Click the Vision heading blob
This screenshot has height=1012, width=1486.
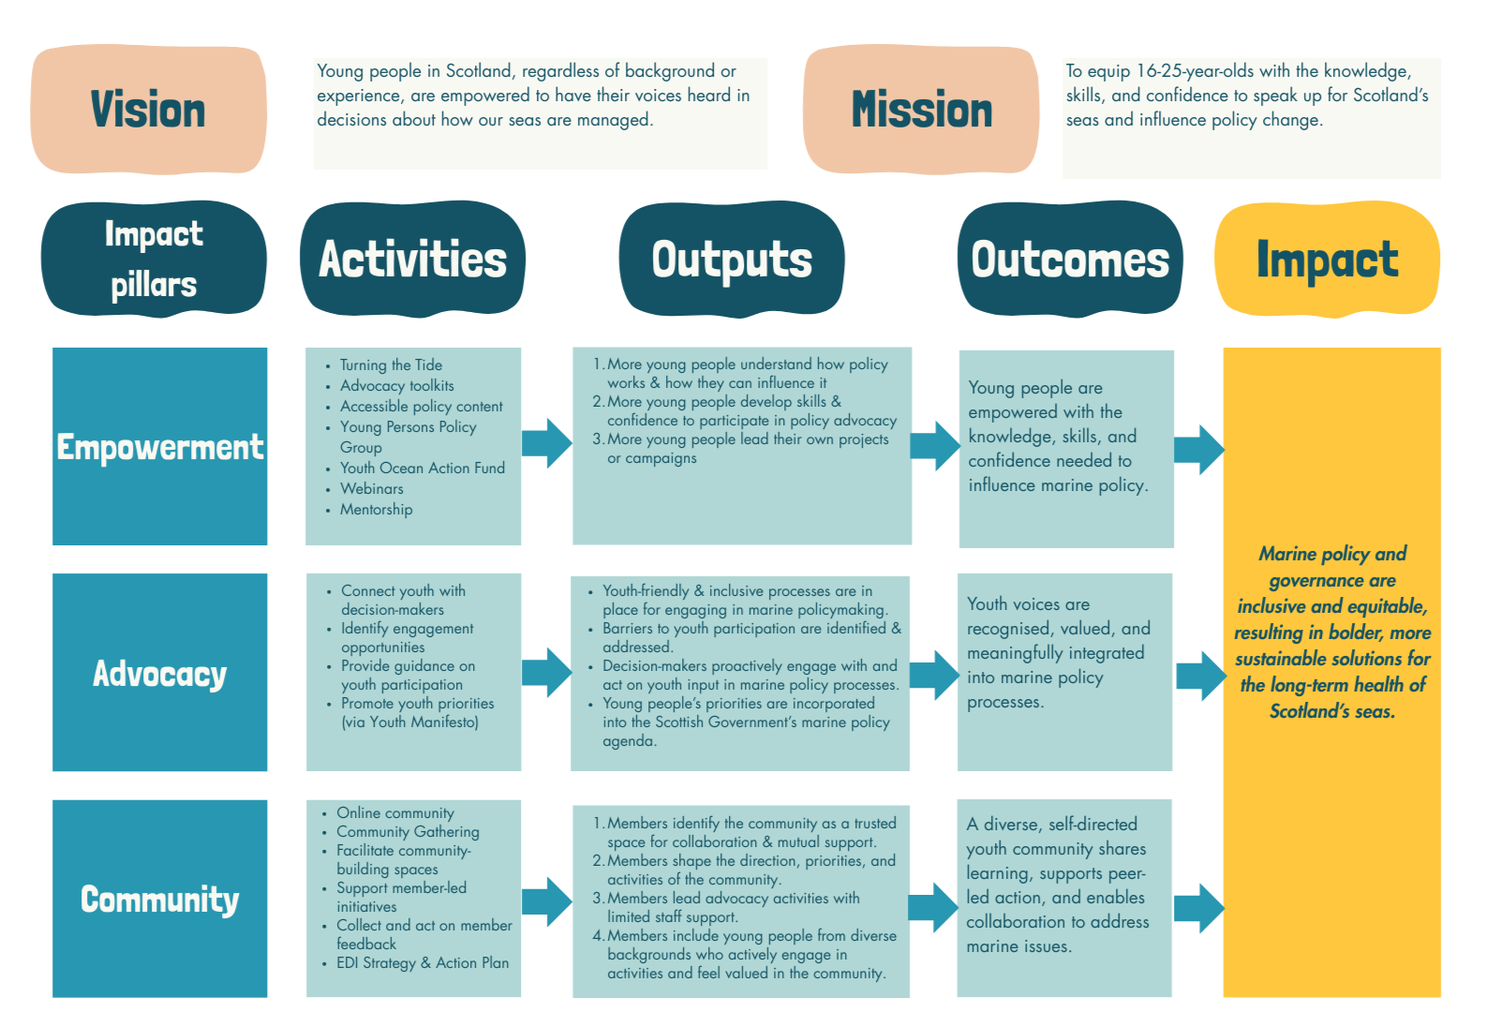click(x=148, y=110)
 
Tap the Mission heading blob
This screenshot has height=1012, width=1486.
click(x=921, y=110)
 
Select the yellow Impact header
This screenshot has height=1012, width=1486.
click(x=1327, y=259)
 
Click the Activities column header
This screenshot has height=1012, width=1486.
click(x=412, y=259)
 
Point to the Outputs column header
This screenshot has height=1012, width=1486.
click(x=732, y=259)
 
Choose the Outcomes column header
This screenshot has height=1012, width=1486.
click(x=1070, y=259)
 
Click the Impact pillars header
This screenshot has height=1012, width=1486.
click(x=154, y=259)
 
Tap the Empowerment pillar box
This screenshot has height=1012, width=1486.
click(x=160, y=446)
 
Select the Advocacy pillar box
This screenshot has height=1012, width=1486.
click(x=160, y=673)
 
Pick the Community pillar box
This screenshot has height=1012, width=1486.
click(x=160, y=899)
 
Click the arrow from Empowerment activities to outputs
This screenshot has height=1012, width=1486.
click(x=546, y=443)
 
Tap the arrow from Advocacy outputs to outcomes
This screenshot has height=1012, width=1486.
click(x=934, y=674)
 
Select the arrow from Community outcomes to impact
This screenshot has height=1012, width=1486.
click(x=1198, y=907)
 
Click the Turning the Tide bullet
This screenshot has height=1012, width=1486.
click(x=391, y=365)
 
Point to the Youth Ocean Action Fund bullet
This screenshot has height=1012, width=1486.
click(x=422, y=468)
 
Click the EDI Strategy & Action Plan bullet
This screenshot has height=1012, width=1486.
click(x=423, y=963)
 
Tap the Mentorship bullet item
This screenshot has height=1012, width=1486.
click(x=376, y=510)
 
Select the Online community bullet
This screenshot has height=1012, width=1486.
click(x=394, y=813)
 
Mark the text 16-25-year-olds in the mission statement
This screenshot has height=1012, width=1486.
click(x=1195, y=71)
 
